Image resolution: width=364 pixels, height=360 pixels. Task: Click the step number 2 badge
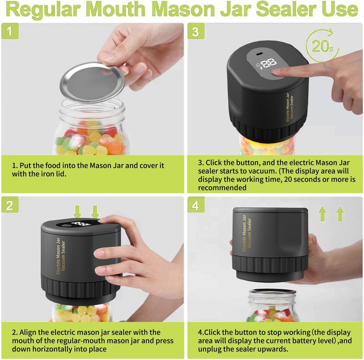click(x=10, y=205)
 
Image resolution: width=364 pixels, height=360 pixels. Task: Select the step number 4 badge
click(x=196, y=205)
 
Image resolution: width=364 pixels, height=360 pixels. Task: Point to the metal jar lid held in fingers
click(x=92, y=82)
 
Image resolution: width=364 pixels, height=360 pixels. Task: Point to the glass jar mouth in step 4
click(x=272, y=292)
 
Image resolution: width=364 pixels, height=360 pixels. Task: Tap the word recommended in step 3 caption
click(x=222, y=188)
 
